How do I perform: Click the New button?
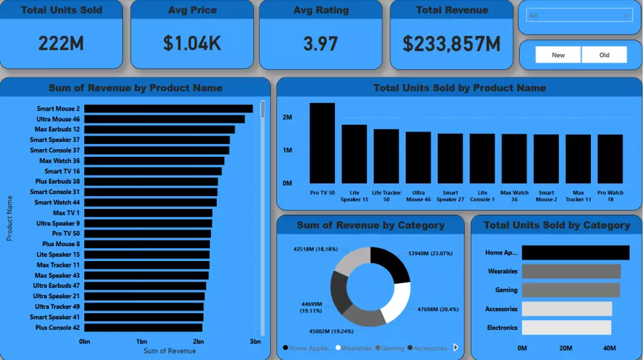[x=558, y=55]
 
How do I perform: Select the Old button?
[x=604, y=55]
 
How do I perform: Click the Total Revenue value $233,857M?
[x=451, y=44]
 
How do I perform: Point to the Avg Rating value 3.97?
[x=320, y=44]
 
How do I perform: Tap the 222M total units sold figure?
[x=61, y=44]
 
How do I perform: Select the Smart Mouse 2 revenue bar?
[x=168, y=109]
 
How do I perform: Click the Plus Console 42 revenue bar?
[x=143, y=327]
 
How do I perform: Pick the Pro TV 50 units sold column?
[x=322, y=143]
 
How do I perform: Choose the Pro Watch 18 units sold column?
[x=610, y=158]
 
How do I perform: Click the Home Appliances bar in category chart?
[x=575, y=253]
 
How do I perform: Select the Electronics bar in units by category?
[x=566, y=328]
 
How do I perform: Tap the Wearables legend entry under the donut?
[x=353, y=348]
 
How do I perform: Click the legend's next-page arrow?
[x=456, y=347]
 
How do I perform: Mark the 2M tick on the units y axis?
[x=287, y=118]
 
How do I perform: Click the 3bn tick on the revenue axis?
[x=255, y=341]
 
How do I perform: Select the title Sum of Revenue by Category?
[x=370, y=225]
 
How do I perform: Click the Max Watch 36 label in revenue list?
[x=59, y=161]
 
